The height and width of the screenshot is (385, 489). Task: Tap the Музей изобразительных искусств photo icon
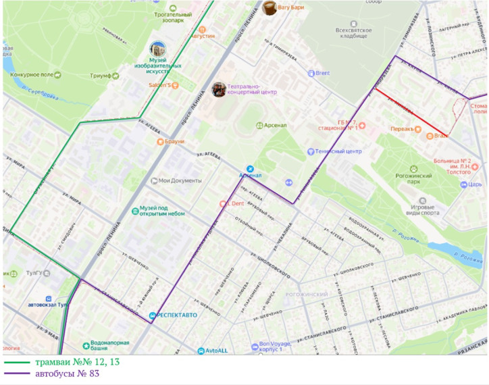click(157, 50)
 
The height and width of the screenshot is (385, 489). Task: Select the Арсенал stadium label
click(276, 125)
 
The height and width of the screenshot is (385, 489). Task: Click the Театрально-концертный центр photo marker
click(219, 89)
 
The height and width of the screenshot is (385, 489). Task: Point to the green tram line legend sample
click(21, 363)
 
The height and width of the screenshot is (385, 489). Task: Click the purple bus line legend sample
click(21, 374)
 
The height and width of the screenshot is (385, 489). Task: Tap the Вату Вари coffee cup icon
click(270, 7)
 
